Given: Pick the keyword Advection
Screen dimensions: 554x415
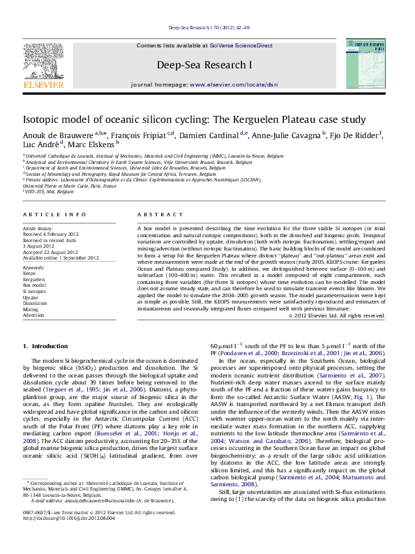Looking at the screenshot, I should tap(33, 315).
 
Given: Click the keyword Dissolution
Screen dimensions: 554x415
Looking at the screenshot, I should tap(35, 303).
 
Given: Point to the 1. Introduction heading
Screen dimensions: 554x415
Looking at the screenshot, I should tap(46, 345).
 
